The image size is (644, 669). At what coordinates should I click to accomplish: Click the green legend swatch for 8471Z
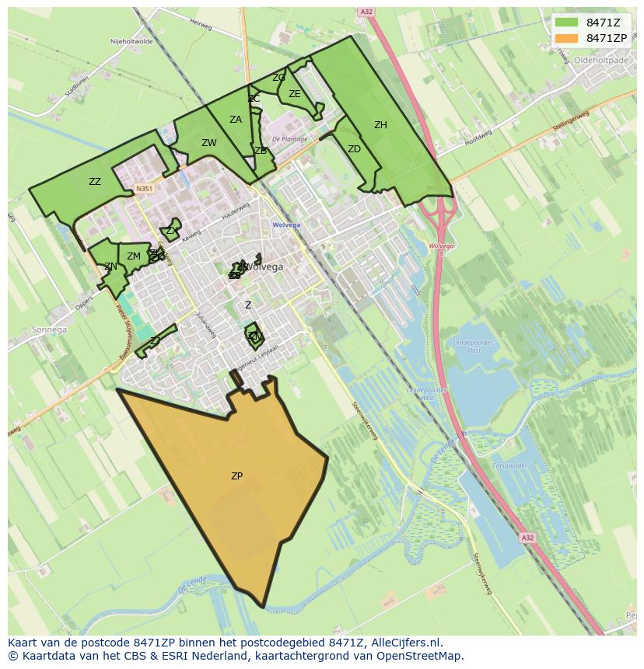point(566,23)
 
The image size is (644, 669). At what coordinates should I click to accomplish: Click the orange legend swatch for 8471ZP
point(566,38)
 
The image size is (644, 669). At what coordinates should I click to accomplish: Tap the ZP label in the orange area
point(236,476)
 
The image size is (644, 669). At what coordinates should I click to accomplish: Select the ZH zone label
point(380,125)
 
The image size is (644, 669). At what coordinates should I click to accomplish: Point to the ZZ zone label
point(95,182)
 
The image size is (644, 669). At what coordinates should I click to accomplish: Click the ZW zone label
point(209,143)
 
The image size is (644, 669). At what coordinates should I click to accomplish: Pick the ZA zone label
point(236,120)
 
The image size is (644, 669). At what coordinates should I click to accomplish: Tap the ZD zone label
point(354,149)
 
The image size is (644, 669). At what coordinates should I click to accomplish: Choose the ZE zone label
point(295,94)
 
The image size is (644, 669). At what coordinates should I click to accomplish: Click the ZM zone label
point(134,256)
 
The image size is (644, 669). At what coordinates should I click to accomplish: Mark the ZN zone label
point(110,267)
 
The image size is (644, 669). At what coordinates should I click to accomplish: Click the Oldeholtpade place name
point(600,59)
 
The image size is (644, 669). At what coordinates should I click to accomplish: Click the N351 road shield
point(144,189)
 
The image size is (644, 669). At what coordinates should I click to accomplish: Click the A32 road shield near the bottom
point(528,538)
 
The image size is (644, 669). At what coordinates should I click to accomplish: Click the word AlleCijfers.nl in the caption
point(406,643)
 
